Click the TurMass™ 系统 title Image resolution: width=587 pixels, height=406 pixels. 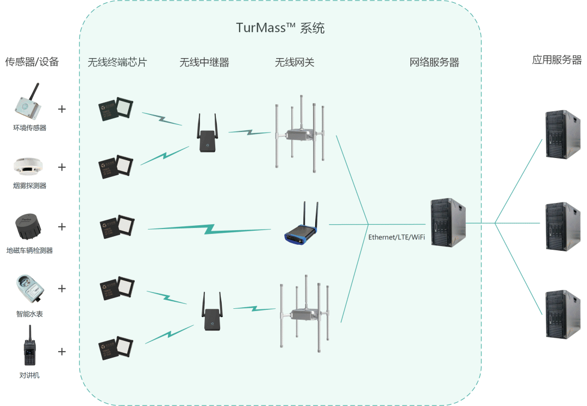tap(280, 28)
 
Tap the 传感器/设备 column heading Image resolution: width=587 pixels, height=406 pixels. tap(32, 61)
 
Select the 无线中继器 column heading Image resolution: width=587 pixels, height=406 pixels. tap(204, 62)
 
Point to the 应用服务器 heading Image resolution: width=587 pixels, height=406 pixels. tap(557, 60)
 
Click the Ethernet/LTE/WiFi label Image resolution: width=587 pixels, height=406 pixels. tap(396, 237)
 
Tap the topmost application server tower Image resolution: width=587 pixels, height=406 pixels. tap(563, 134)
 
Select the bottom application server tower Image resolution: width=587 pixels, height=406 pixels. tap(563, 314)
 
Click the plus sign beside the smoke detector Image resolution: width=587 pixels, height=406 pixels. tap(62, 167)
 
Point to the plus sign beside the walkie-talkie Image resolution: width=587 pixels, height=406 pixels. tap(62, 351)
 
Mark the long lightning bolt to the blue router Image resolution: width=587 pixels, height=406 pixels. tap(209, 229)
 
